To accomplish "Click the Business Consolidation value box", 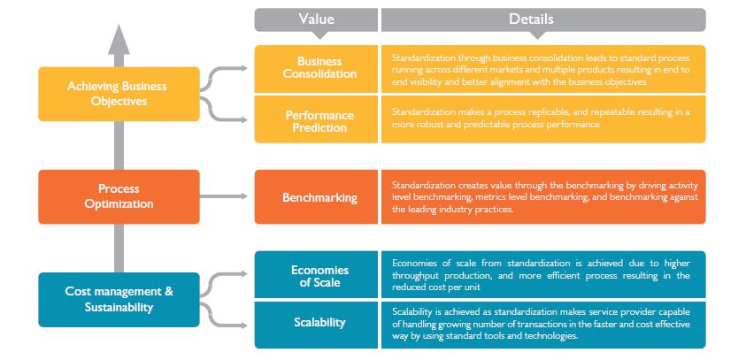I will pos(316,68).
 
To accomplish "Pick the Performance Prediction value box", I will pos(316,120).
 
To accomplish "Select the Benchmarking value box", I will pos(316,196).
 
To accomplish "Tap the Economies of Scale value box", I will pos(316,274).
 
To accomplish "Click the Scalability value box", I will pos(316,323).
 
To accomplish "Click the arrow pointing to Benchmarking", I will pos(227,196).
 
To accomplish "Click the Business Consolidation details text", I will pos(542,68).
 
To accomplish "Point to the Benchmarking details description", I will pos(542,196).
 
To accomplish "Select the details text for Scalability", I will pos(542,324).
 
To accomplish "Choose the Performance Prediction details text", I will pos(542,119).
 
